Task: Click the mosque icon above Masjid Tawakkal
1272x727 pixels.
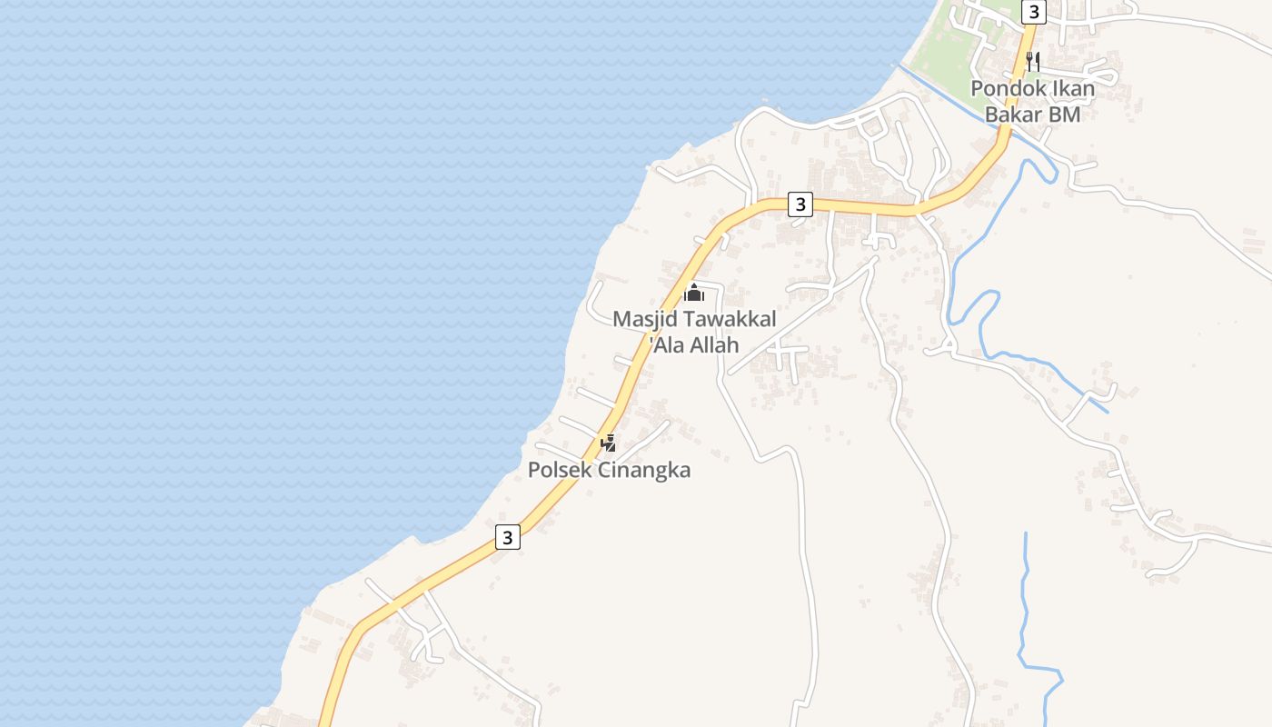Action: click(x=694, y=293)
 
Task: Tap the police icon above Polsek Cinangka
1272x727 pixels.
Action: click(x=609, y=443)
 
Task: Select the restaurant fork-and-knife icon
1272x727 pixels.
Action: click(x=1032, y=62)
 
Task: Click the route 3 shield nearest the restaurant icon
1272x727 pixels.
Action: click(x=1033, y=12)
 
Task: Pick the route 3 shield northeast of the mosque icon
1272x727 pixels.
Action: click(x=800, y=204)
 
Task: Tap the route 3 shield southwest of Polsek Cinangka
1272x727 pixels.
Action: click(x=508, y=537)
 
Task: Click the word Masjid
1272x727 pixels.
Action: click(x=644, y=319)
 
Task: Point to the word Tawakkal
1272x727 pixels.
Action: click(x=730, y=319)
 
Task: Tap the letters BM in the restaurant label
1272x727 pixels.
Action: click(x=1064, y=115)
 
